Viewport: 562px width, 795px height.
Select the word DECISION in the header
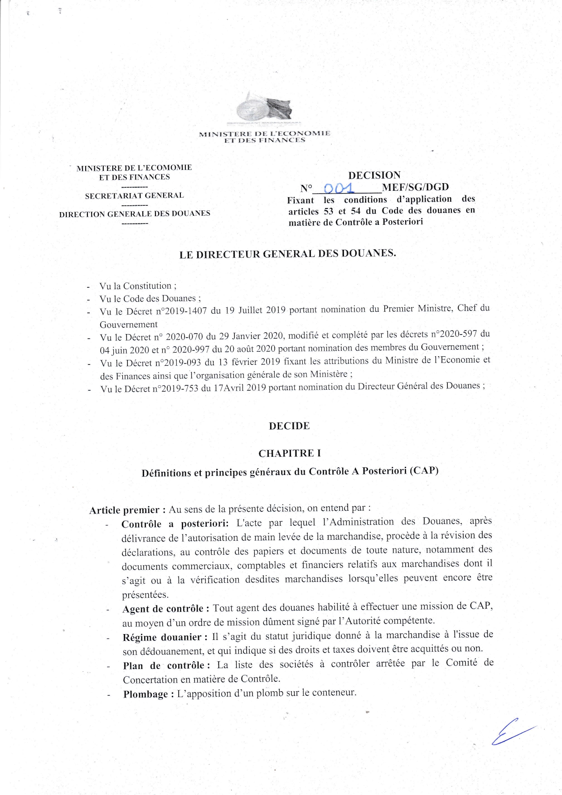click(374, 175)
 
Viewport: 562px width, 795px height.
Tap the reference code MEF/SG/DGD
click(415, 187)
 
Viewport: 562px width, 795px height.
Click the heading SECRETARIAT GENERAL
click(134, 196)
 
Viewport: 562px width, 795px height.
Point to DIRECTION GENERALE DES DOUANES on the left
click(135, 213)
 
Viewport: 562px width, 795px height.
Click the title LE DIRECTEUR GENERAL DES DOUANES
click(288, 254)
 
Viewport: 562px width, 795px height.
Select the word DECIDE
click(289, 426)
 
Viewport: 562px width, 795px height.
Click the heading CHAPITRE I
click(290, 453)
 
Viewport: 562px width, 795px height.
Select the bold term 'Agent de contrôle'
click(165, 609)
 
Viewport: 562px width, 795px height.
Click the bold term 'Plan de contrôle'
click(166, 666)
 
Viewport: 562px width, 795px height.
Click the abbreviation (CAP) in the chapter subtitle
click(424, 470)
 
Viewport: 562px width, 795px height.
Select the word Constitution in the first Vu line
click(147, 286)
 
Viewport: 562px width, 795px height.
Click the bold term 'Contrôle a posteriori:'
click(175, 524)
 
